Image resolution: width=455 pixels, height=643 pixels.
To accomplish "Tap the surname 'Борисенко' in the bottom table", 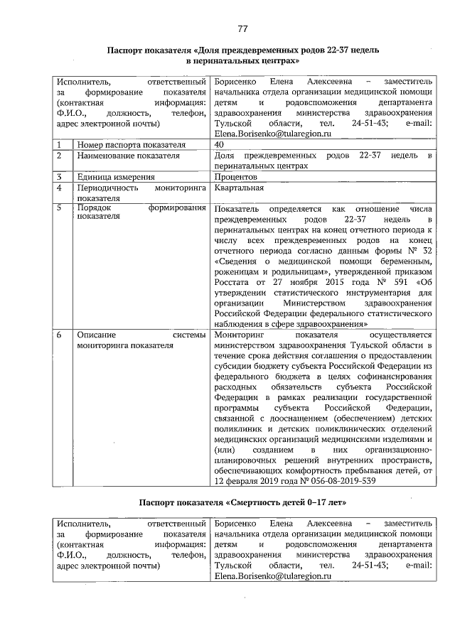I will click(236, 524).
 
